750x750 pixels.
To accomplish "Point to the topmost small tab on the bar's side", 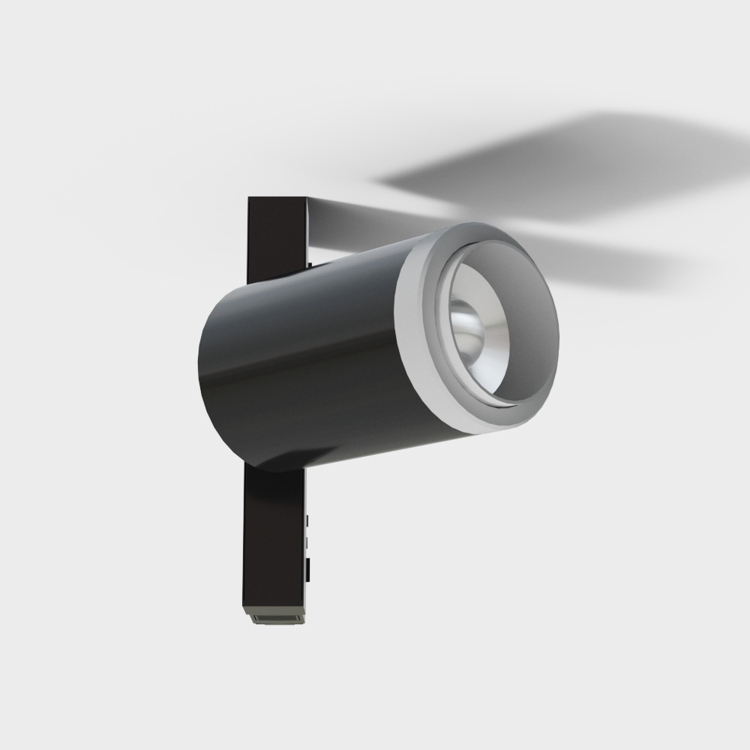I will pyautogui.click(x=307, y=519).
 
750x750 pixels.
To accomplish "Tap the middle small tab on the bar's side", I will pyautogui.click(x=307, y=540).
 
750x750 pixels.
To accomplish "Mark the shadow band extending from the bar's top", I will pyautogui.click(x=360, y=221).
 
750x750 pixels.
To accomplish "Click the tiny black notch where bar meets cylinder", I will pyautogui.click(x=309, y=263).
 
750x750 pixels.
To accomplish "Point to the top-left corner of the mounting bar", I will pyautogui.click(x=250, y=199).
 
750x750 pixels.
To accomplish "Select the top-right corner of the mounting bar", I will pyautogui.click(x=306, y=199).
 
